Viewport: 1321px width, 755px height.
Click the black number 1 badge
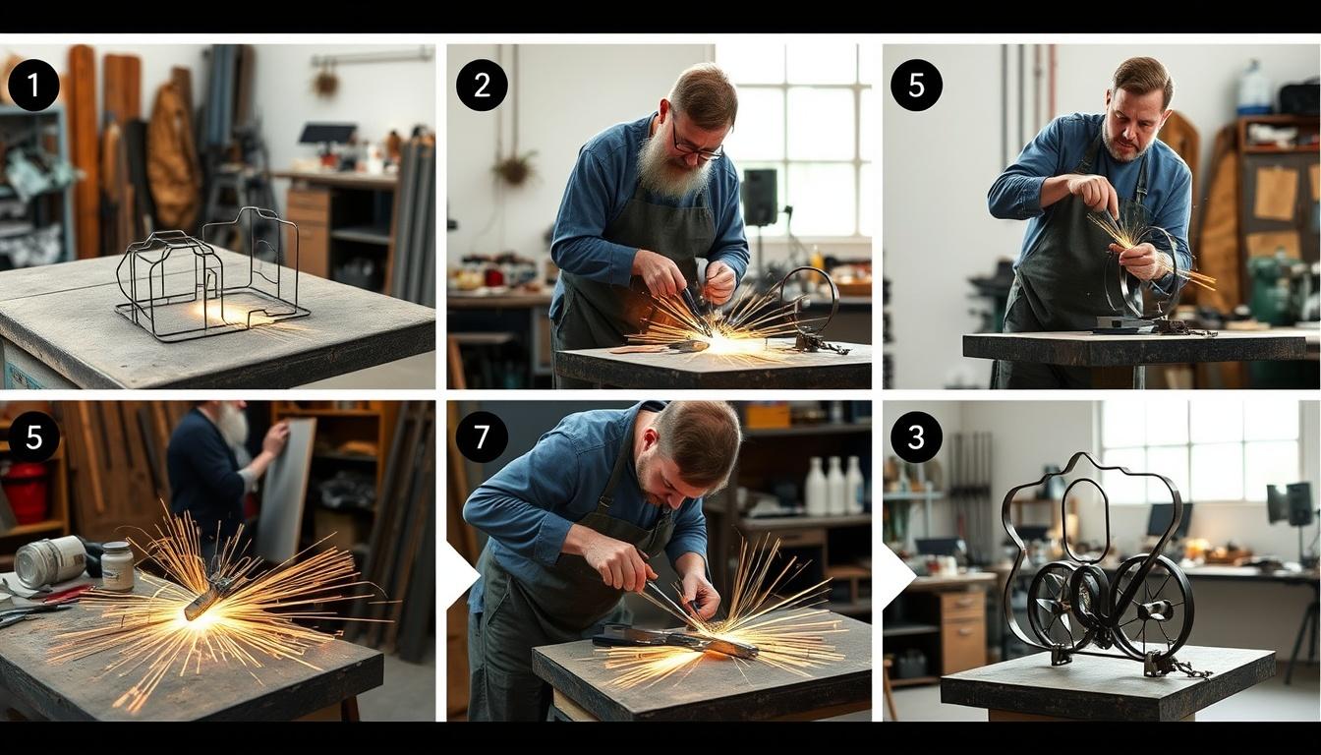[33, 86]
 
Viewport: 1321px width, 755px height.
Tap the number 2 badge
[482, 86]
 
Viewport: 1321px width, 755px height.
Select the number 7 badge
[482, 437]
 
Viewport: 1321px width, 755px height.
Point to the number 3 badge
[916, 437]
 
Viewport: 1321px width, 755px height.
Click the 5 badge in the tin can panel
[33, 437]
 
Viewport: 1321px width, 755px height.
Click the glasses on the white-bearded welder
[698, 144]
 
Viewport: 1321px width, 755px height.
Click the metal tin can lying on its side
[49, 561]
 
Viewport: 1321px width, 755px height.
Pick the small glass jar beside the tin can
[117, 566]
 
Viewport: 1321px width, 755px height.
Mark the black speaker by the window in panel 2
[759, 197]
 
